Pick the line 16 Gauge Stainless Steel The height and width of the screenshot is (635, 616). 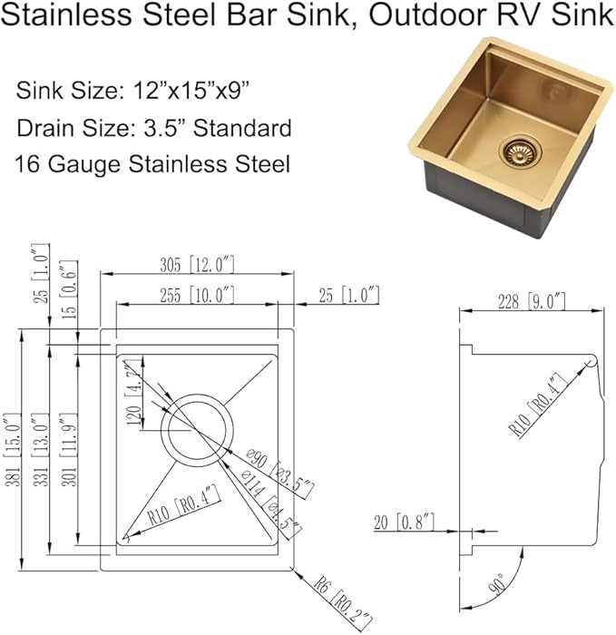point(152,164)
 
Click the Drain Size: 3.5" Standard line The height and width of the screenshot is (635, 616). point(153,128)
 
